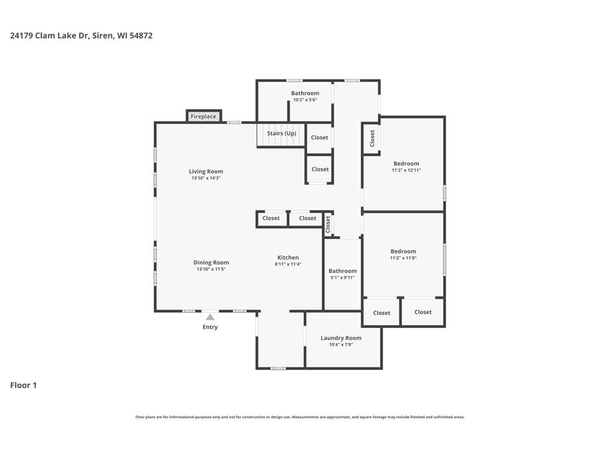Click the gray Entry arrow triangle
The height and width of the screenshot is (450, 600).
pos(210,317)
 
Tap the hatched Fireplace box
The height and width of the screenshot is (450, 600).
pos(204,117)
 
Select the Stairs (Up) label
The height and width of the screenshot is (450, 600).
pos(282,133)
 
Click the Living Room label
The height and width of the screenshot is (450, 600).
pos(206,172)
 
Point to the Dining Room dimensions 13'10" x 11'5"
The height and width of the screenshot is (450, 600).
pos(211,269)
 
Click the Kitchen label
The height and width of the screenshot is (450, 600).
pos(288,258)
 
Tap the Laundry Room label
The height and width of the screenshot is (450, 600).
pos(341,338)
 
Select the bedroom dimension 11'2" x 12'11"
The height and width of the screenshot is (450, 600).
pos(406,170)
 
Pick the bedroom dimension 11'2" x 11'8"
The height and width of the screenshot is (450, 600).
pos(403,258)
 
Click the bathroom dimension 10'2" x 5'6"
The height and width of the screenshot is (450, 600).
pos(305,100)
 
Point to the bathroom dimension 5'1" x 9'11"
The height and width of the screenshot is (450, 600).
pos(342,277)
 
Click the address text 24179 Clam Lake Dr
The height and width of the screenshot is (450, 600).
pos(50,36)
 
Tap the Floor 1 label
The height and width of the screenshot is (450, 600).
pos(23,386)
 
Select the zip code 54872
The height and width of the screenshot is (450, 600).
pos(141,36)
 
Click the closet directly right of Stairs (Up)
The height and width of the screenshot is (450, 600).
pos(319,137)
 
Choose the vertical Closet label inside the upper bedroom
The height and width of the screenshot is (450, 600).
pos(372,138)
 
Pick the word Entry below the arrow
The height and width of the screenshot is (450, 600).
pos(210,327)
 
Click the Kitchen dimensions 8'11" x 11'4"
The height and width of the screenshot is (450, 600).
pos(288,264)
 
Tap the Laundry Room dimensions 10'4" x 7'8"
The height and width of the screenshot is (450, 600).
pos(341,345)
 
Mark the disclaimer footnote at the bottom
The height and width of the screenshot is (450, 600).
pos(300,417)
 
